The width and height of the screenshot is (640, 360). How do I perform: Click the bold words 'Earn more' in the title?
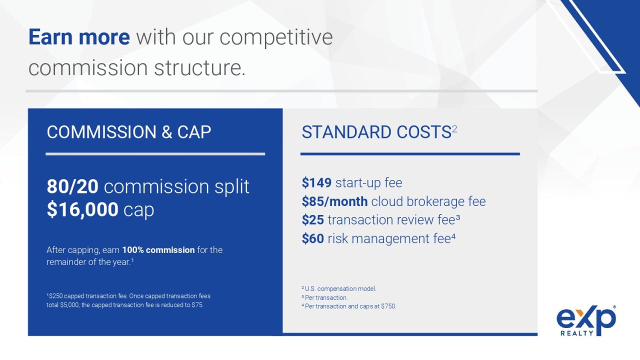click(x=79, y=37)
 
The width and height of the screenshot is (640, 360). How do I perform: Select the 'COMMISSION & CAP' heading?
click(x=129, y=132)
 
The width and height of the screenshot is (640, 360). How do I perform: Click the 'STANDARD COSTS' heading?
click(x=376, y=132)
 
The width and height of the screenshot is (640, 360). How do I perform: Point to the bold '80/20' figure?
click(x=72, y=186)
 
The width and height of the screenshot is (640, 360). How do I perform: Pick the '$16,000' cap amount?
click(x=82, y=209)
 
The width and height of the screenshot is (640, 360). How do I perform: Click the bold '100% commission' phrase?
click(x=158, y=250)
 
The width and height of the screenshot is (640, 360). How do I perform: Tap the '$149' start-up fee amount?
click(x=316, y=183)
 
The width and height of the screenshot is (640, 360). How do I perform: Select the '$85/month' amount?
click(x=334, y=201)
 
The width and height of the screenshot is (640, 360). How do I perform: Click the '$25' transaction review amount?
click(x=313, y=220)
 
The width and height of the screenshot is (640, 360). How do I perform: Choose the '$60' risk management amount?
click(x=313, y=238)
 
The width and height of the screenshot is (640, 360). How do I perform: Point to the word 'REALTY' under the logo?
click(x=577, y=333)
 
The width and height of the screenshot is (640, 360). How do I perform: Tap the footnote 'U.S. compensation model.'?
click(x=340, y=289)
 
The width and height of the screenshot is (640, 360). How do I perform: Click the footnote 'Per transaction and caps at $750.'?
click(x=350, y=306)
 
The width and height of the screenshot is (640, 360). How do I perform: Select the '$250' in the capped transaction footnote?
click(x=55, y=296)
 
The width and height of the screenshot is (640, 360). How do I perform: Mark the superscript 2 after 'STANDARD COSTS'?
click(x=454, y=129)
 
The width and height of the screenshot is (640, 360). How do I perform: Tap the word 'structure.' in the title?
click(x=199, y=68)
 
